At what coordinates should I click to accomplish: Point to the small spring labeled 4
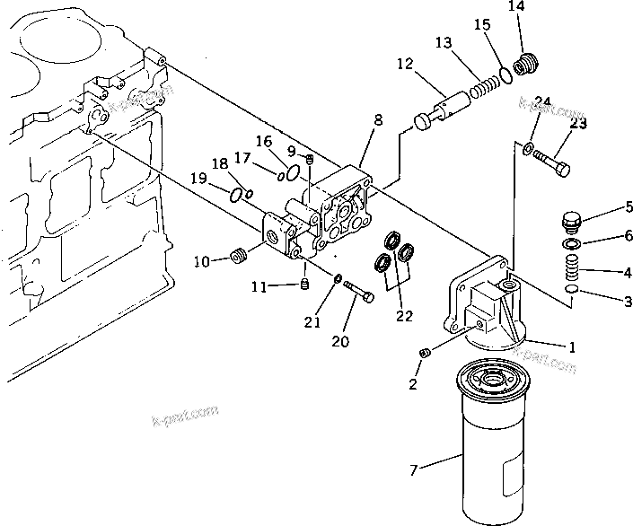point(570,267)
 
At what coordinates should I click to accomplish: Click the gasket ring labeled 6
point(570,244)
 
